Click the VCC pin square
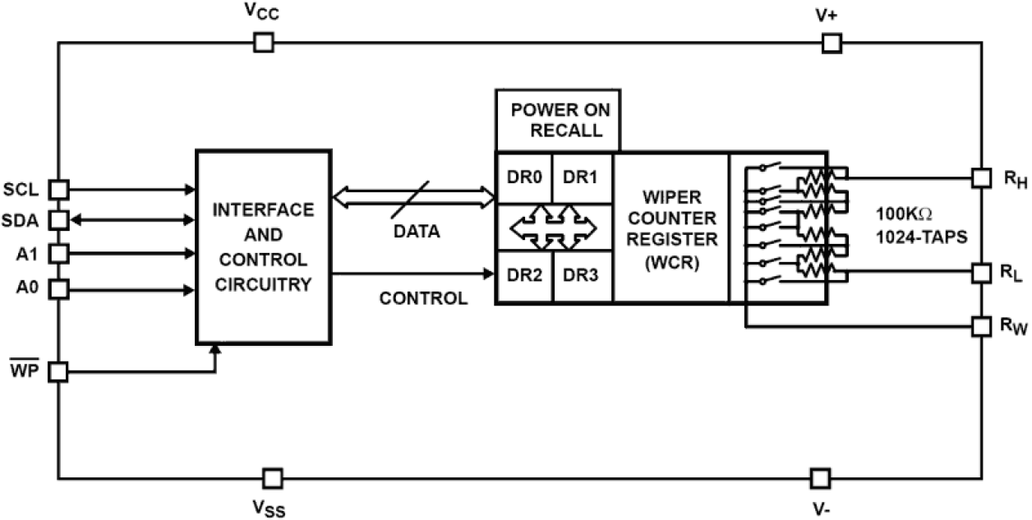click(x=263, y=43)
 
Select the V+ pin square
click(x=832, y=43)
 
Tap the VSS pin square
click(x=273, y=477)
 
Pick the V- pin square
click(x=819, y=477)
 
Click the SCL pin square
click(x=58, y=190)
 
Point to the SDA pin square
click(x=58, y=220)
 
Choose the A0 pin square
click(x=58, y=288)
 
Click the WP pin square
click(x=58, y=372)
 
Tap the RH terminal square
click(x=981, y=177)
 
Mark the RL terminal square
click(x=981, y=271)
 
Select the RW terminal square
click(x=981, y=326)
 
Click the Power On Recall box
click(x=556, y=120)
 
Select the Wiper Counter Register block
click(x=670, y=228)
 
